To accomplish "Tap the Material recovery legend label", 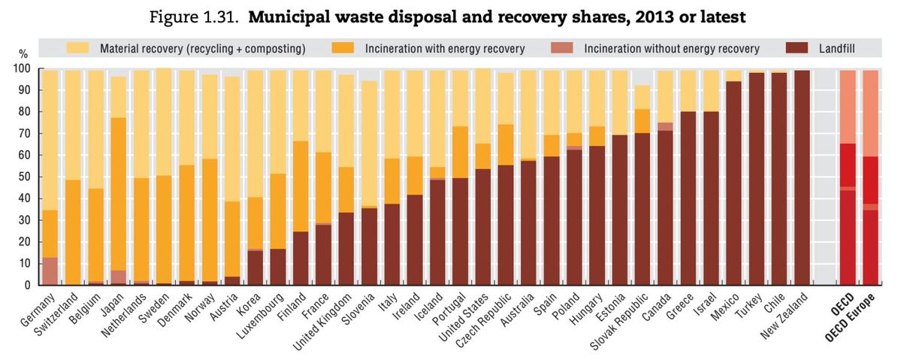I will (x=203, y=48).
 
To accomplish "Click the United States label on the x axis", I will (x=466, y=319).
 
